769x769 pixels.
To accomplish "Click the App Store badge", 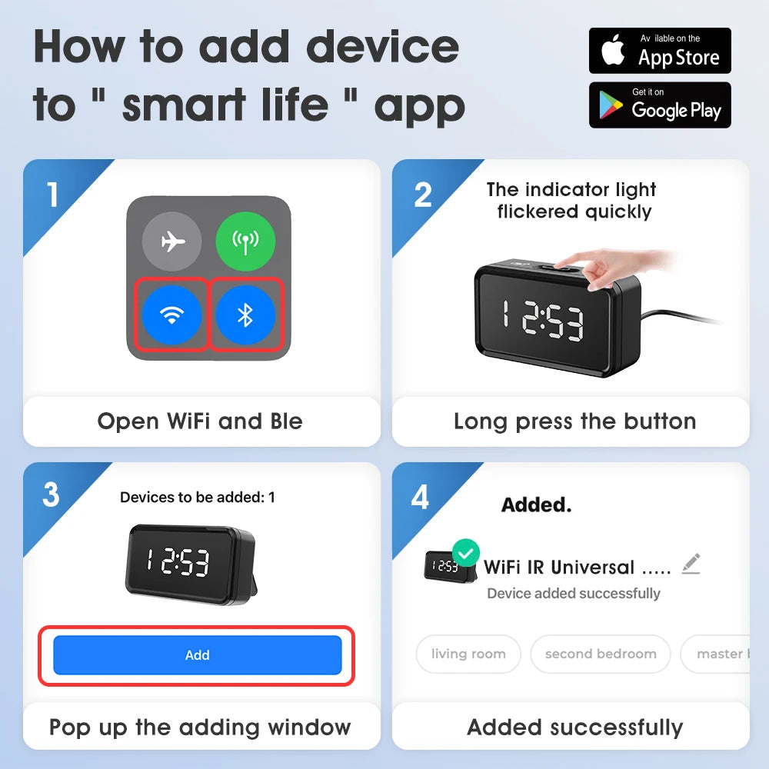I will coord(660,51).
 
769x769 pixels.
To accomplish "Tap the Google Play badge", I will coord(660,105).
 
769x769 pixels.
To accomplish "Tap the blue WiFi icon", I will coord(172,315).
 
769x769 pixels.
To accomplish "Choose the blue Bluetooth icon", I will coord(245,315).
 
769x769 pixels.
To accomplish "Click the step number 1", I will coord(52,195).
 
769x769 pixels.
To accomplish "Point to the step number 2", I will coord(422,195).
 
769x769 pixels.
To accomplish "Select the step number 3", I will coord(51,495).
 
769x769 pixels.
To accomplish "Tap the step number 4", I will coord(420,497).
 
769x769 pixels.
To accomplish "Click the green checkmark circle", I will coord(465,553).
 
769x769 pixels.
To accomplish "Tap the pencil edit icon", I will coord(691,564).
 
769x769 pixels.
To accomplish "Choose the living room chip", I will coord(468,654).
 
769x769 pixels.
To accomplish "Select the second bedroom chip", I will coord(601,654).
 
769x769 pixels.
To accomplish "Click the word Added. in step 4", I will coord(536,505).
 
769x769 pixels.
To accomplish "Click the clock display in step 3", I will coord(178,563).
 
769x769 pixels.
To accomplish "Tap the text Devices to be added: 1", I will coord(197,498).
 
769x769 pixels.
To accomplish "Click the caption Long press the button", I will coord(574,421).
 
